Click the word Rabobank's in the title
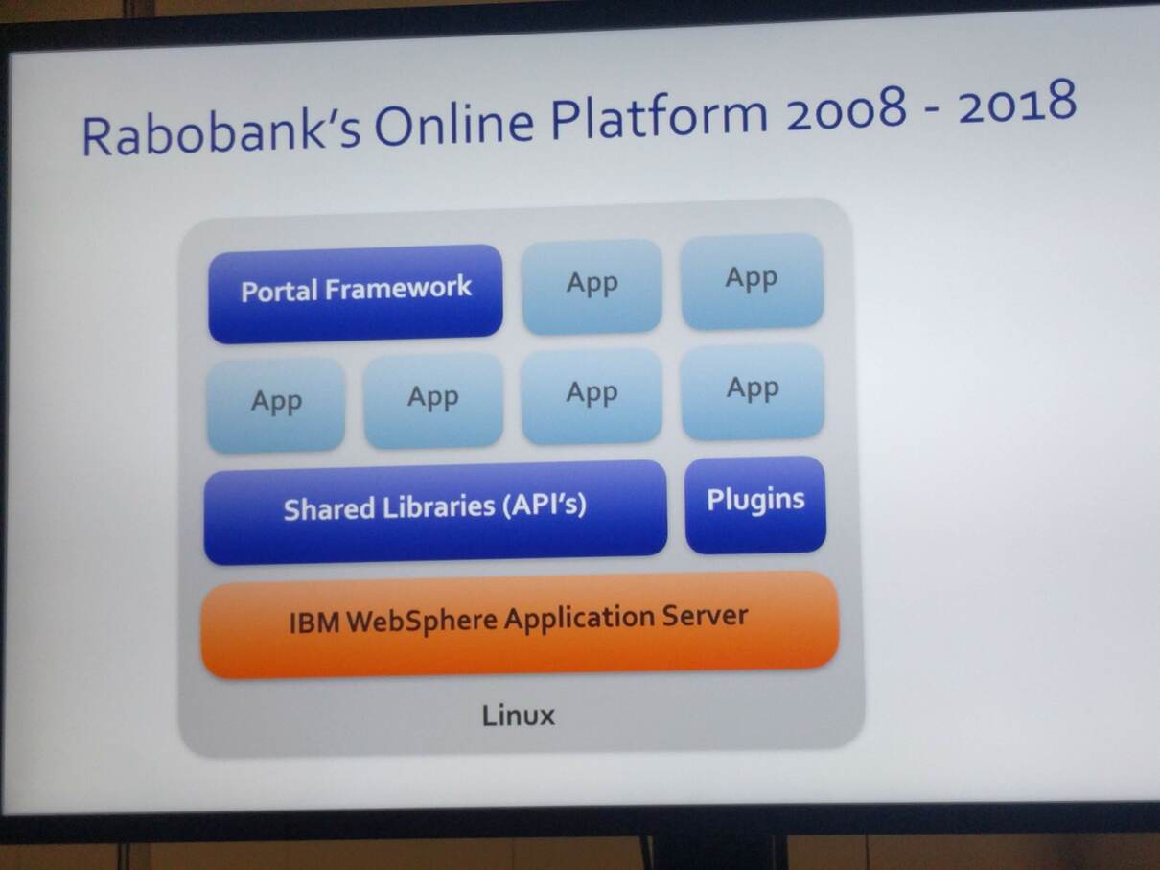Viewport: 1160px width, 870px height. coord(221,133)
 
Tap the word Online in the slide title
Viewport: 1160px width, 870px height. coord(454,126)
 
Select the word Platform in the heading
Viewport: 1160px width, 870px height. coord(659,116)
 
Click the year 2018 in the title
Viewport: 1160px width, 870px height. coord(1017,102)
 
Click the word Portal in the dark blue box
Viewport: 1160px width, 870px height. coord(279,292)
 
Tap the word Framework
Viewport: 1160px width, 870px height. coord(398,288)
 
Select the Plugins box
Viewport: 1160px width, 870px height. coord(755,505)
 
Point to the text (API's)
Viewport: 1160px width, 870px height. coord(544,505)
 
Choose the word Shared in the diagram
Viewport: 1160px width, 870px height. coord(329,509)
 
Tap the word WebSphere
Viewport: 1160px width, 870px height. coord(422,621)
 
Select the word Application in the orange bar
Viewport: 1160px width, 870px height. coord(579,618)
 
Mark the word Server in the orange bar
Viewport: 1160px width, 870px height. coord(705,615)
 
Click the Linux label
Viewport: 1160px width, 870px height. coord(519,716)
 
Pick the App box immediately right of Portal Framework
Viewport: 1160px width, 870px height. coord(592,286)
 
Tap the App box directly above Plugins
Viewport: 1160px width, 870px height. coord(753,391)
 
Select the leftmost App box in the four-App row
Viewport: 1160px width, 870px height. coord(276,405)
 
